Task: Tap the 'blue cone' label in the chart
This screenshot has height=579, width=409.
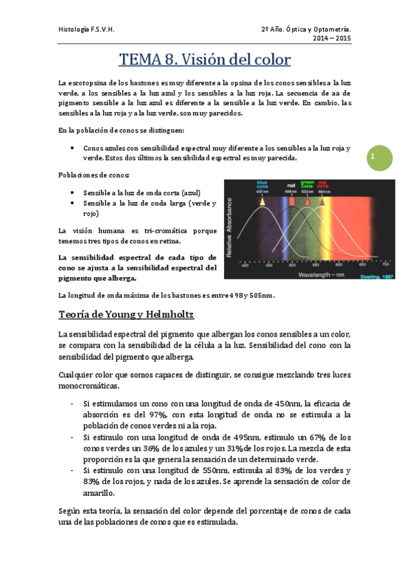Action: point(262,184)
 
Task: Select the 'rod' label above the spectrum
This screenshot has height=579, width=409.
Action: point(290,185)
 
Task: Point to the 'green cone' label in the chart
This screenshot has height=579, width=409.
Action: point(307,184)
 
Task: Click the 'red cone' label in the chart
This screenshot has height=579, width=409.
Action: point(322,184)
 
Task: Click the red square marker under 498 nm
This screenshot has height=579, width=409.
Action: point(292,202)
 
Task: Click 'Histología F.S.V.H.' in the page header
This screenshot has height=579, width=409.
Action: point(85,29)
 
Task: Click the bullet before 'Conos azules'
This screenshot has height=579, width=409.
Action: point(73,148)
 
